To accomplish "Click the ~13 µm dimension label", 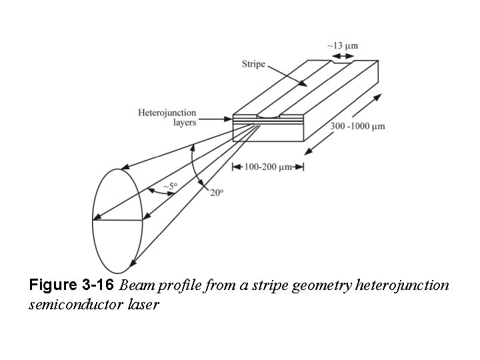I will [x=342, y=46].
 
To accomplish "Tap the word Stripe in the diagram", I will [x=253, y=64].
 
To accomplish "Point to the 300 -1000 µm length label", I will [x=357, y=126].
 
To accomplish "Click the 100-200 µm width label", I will [x=267, y=167].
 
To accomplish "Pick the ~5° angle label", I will [x=170, y=187].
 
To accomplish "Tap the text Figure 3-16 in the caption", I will [x=72, y=286].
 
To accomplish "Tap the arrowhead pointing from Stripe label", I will [x=305, y=85].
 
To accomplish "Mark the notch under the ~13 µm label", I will [x=333, y=63].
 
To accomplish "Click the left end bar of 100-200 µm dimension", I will [x=233, y=167].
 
